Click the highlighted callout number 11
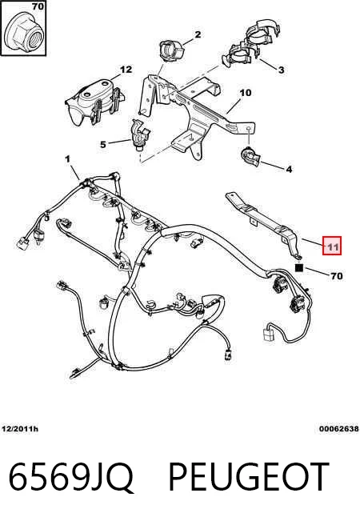pos(332,246)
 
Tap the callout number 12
pos(126,70)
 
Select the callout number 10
pos(246,93)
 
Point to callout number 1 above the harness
pos(68,159)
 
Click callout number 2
pos(198,34)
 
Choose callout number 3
pos(281,70)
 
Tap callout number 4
pos(289,169)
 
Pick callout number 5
pos(103,145)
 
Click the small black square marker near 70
pos(299,267)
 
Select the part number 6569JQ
pos(71,477)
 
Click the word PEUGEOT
pos(249,476)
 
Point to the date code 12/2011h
pos(20,429)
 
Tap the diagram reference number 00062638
pos(338,429)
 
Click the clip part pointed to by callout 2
pos(172,50)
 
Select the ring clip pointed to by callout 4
pos(250,156)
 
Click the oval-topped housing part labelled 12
pos(94,102)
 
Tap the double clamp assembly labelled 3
pos(250,45)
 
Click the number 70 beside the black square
pos(337,276)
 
